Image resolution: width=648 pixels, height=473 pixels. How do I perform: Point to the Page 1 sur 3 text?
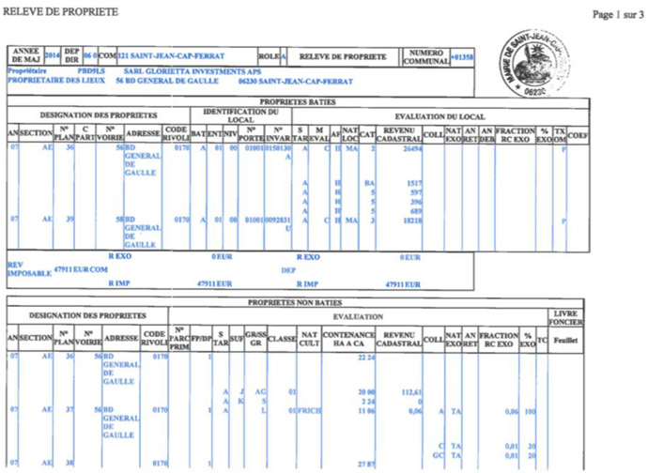(x=616, y=15)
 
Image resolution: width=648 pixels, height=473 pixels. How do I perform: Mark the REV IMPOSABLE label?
(x=28, y=267)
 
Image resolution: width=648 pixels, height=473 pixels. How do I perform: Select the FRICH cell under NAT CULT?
(x=310, y=410)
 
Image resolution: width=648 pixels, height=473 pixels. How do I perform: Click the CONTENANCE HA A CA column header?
(x=349, y=338)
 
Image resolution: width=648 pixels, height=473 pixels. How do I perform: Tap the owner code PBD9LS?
(x=91, y=71)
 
